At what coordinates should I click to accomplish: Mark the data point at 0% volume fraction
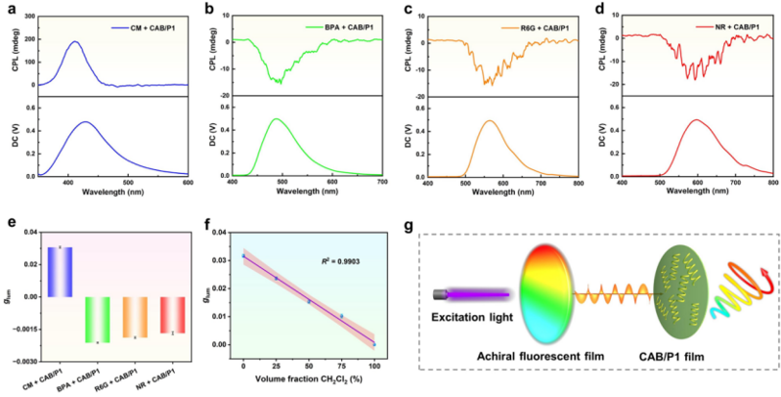pyautogui.click(x=243, y=256)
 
